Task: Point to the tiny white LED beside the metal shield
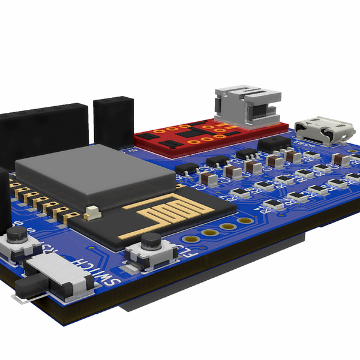(92, 211)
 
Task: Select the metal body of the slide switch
(60, 273)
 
